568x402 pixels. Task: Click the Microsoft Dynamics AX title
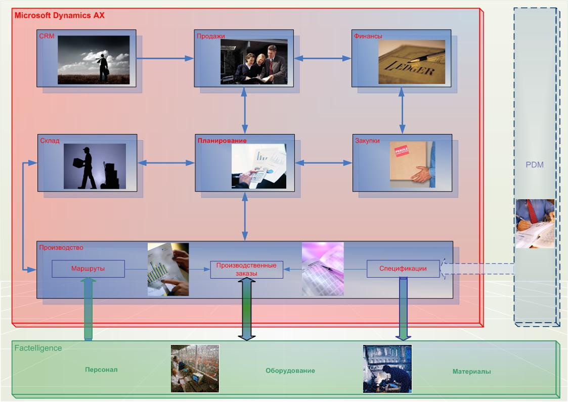pyautogui.click(x=60, y=15)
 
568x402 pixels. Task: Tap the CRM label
pyautogui.click(x=47, y=36)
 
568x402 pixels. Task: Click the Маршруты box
pyautogui.click(x=88, y=269)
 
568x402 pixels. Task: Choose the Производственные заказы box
pyautogui.click(x=246, y=270)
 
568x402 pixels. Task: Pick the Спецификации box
pyautogui.click(x=403, y=269)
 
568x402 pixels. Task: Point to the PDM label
pyautogui.click(x=534, y=165)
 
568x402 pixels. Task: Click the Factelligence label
pyautogui.click(x=38, y=348)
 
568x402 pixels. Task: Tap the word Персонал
pyautogui.click(x=101, y=370)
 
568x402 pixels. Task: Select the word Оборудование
pyautogui.click(x=290, y=371)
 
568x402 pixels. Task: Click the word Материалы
pyautogui.click(x=471, y=372)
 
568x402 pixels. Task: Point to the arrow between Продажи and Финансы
pyautogui.click(x=323, y=59)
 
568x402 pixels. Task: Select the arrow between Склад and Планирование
pyautogui.click(x=166, y=163)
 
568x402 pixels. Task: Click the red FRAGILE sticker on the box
pyautogui.click(x=402, y=150)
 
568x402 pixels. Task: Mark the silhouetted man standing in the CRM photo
pyautogui.click(x=103, y=67)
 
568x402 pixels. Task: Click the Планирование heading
pyautogui.click(x=222, y=141)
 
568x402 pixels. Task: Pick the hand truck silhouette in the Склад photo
pyautogui.click(x=110, y=176)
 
